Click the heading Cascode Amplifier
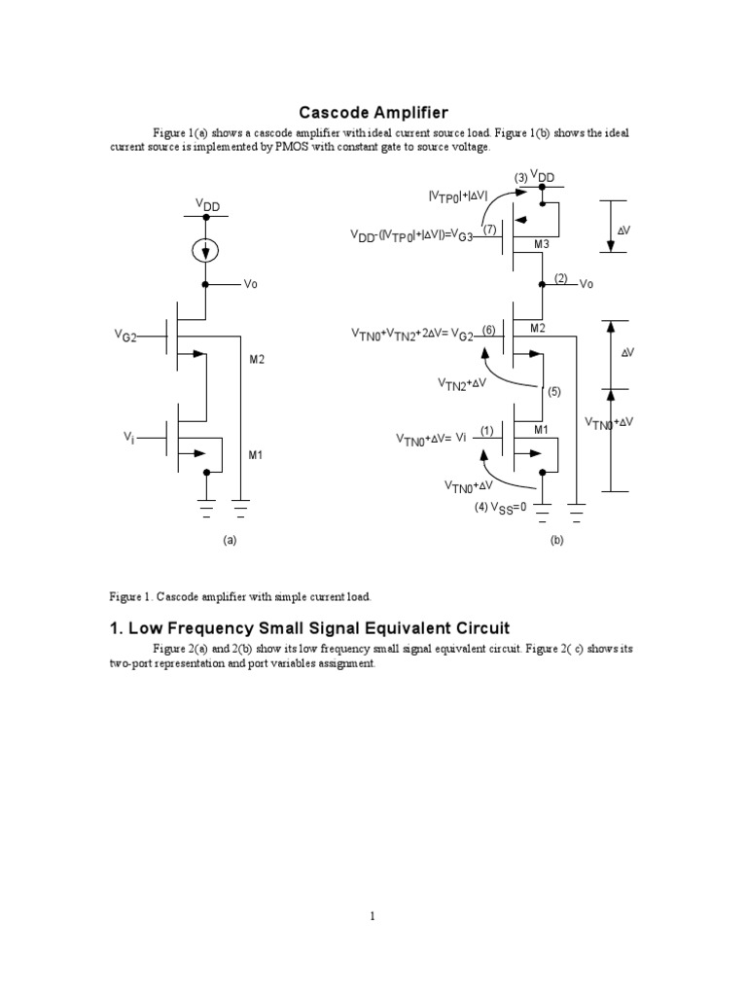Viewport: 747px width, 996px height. click(373, 114)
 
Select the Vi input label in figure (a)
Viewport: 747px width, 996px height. click(128, 439)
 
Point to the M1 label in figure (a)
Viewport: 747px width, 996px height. click(257, 454)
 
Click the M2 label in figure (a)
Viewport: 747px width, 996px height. click(257, 360)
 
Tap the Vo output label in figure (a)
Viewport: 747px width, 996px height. click(251, 285)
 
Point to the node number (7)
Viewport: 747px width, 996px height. click(489, 230)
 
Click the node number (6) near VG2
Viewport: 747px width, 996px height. click(488, 330)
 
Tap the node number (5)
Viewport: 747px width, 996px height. click(555, 392)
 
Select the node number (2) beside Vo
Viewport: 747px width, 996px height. click(559, 278)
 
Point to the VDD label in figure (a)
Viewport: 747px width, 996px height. click(207, 205)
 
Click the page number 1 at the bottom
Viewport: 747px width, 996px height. click(373, 916)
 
